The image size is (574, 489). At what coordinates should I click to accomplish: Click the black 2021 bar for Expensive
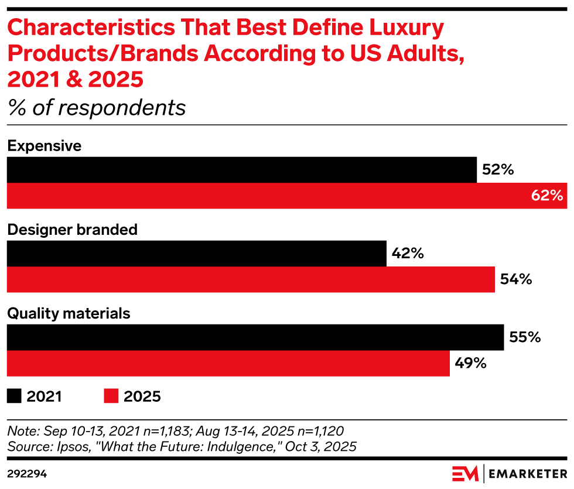click(241, 170)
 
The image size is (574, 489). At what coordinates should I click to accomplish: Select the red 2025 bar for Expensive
click(286, 196)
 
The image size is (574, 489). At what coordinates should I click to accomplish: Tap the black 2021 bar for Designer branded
click(196, 254)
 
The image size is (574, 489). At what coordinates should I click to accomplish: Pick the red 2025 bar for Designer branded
click(251, 279)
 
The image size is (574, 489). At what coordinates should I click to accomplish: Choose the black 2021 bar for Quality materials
click(255, 337)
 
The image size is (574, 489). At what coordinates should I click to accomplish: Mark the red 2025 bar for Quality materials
click(228, 363)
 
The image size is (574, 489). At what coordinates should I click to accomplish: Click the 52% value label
click(498, 170)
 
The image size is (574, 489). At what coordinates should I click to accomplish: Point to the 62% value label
click(547, 196)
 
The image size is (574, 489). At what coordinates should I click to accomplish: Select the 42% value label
click(408, 254)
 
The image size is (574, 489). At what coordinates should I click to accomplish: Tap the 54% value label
click(516, 279)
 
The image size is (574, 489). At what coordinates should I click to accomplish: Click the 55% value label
click(525, 337)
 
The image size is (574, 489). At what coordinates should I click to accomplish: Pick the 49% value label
click(471, 363)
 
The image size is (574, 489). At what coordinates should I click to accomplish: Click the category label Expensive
click(44, 146)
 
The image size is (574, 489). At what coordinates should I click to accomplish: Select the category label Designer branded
click(72, 230)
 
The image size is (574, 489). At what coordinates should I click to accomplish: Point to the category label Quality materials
click(69, 313)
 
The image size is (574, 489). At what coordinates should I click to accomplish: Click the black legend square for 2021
click(14, 396)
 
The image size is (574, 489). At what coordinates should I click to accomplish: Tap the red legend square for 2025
click(111, 396)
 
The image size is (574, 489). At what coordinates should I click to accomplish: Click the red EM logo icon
click(465, 472)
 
